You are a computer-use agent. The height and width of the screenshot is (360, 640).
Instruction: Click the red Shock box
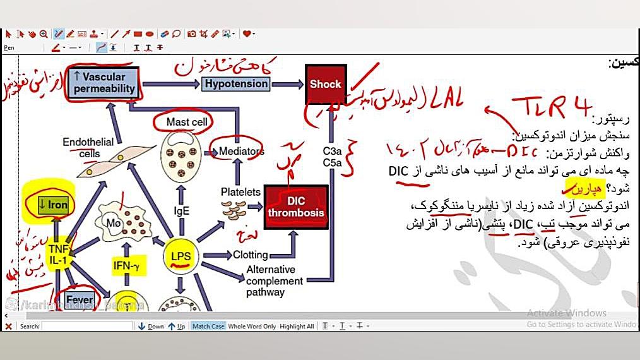tap(326, 84)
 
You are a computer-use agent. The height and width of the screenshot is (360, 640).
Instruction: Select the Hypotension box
tap(237, 83)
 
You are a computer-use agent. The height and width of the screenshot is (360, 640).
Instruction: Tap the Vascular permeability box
tap(104, 83)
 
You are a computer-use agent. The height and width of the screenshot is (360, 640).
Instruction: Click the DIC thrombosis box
tap(296, 207)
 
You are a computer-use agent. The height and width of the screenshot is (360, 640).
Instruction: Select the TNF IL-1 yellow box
tap(56, 255)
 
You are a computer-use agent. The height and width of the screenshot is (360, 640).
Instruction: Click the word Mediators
tap(242, 151)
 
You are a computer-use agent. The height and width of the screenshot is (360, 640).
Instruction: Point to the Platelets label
tap(240, 191)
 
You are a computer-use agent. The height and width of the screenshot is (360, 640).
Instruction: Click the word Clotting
tap(251, 255)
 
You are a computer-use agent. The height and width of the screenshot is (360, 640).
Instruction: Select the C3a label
tap(332, 152)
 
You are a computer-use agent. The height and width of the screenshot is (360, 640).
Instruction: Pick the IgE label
tap(182, 211)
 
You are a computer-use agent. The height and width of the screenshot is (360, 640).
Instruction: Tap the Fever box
tap(80, 300)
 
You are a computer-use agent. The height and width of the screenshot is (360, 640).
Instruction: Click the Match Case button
tap(208, 327)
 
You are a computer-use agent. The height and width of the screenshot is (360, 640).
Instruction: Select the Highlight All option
tap(297, 327)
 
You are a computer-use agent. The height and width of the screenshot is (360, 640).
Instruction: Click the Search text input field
tap(87, 327)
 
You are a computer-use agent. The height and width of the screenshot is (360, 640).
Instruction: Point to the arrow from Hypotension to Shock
tap(287, 83)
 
